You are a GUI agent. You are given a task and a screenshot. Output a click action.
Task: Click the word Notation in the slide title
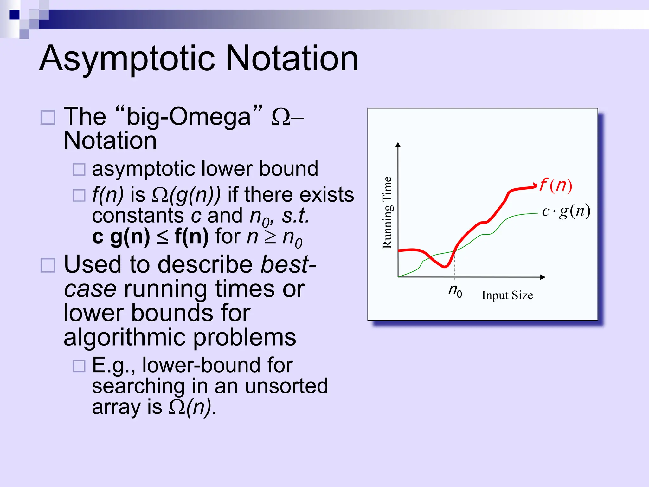point(292,59)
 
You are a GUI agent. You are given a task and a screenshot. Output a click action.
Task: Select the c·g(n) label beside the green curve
point(566,211)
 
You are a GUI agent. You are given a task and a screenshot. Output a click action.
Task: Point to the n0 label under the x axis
point(455,290)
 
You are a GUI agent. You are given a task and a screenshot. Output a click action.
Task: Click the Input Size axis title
point(507,295)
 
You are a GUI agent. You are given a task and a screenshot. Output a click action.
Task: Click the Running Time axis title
point(387,212)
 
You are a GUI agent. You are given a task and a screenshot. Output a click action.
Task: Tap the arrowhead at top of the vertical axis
point(398,145)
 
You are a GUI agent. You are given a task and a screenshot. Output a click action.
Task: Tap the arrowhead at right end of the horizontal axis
point(543,277)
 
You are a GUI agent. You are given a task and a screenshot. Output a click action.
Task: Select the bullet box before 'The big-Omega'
point(48,118)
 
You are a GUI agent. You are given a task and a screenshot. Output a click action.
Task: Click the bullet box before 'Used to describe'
point(48,265)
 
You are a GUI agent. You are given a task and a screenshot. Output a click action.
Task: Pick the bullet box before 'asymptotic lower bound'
point(79,169)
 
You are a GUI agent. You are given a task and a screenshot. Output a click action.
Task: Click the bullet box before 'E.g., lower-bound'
point(79,366)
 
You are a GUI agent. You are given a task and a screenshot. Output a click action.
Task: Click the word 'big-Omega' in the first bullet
point(189,117)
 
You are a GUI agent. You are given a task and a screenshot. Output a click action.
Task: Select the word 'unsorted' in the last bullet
point(286,386)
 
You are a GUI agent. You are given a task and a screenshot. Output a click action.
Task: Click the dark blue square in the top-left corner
point(15,15)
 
